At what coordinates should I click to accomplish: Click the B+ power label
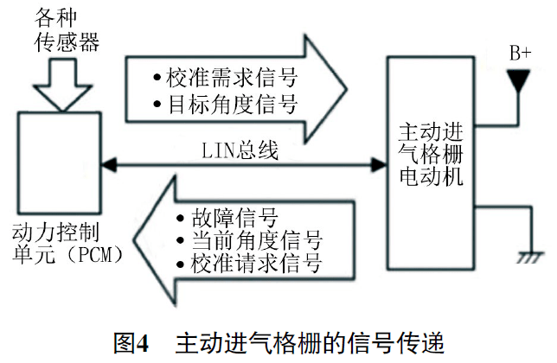520,54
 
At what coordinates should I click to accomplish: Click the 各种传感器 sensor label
60,28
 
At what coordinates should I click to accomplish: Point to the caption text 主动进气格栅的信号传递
309,342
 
